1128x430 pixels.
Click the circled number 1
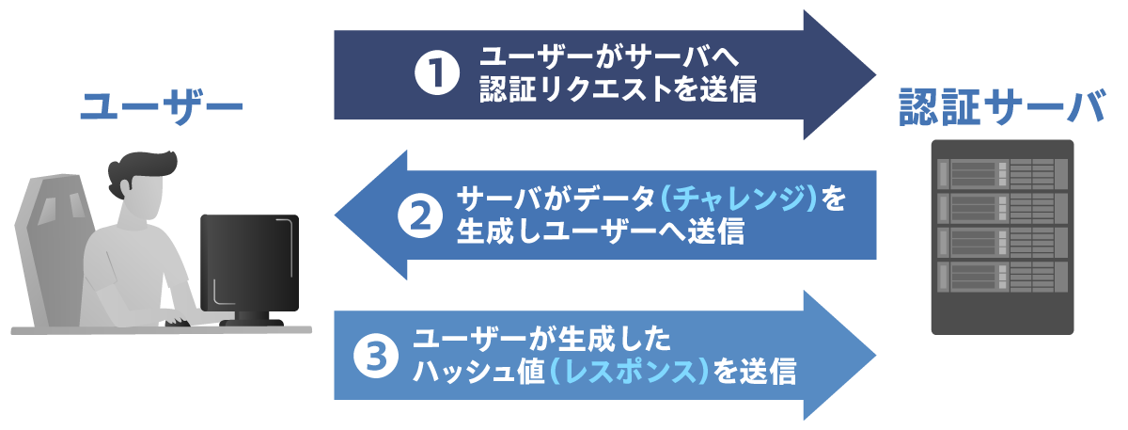tap(436, 73)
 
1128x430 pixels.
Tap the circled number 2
tap(420, 216)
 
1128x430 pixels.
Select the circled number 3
tap(376, 357)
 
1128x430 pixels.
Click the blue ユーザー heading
tap(162, 107)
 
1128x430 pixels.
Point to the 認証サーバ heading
tap(1002, 106)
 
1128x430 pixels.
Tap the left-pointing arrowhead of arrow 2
tap(370, 215)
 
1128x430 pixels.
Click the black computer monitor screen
tap(250, 263)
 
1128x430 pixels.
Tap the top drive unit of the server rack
tap(1002, 173)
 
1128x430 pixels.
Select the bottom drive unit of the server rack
tap(1002, 276)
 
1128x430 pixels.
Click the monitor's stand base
tap(252, 322)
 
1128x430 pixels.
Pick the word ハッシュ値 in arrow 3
tap(478, 372)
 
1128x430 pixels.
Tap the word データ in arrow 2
tap(614, 199)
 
